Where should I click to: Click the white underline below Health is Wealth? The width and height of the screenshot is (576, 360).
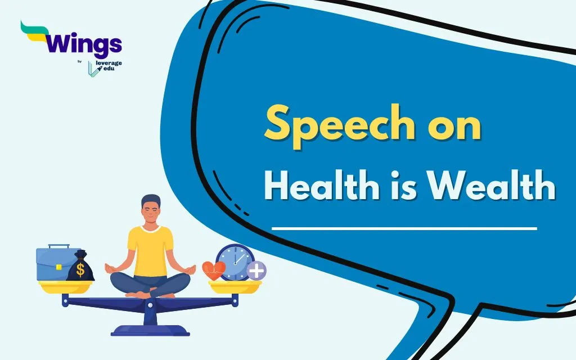click(404, 228)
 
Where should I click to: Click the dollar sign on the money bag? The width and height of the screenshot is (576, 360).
click(80, 270)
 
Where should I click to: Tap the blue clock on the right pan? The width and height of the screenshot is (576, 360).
click(235, 262)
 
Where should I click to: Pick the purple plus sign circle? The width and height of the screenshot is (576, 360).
click(256, 271)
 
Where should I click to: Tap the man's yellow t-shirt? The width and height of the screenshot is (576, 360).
click(150, 247)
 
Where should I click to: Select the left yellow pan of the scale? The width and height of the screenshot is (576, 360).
click(64, 286)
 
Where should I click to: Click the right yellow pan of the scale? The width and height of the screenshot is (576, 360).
click(235, 286)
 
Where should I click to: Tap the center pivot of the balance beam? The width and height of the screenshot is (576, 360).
click(150, 305)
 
